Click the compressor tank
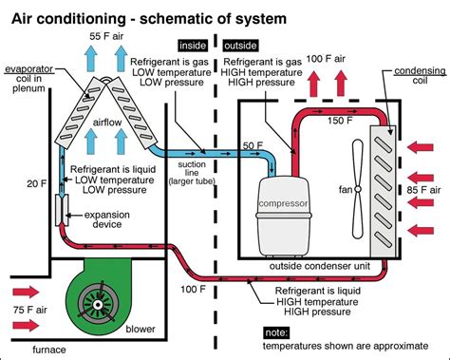[x=283, y=216]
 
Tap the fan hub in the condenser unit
[x=358, y=189]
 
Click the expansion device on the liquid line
[x=62, y=210]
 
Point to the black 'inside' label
[x=193, y=46]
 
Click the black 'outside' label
[x=240, y=46]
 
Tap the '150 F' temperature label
[x=340, y=121]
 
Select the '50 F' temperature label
[x=253, y=145]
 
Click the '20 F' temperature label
[x=37, y=183]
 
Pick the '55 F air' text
[x=106, y=36]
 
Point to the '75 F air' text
[x=30, y=310]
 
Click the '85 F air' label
[x=423, y=190]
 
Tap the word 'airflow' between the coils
[x=107, y=123]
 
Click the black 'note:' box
[x=276, y=332]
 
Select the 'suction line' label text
[x=192, y=168]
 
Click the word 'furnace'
[x=49, y=350]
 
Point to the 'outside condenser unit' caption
[x=320, y=266]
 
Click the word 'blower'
[x=141, y=329]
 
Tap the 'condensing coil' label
[x=420, y=75]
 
